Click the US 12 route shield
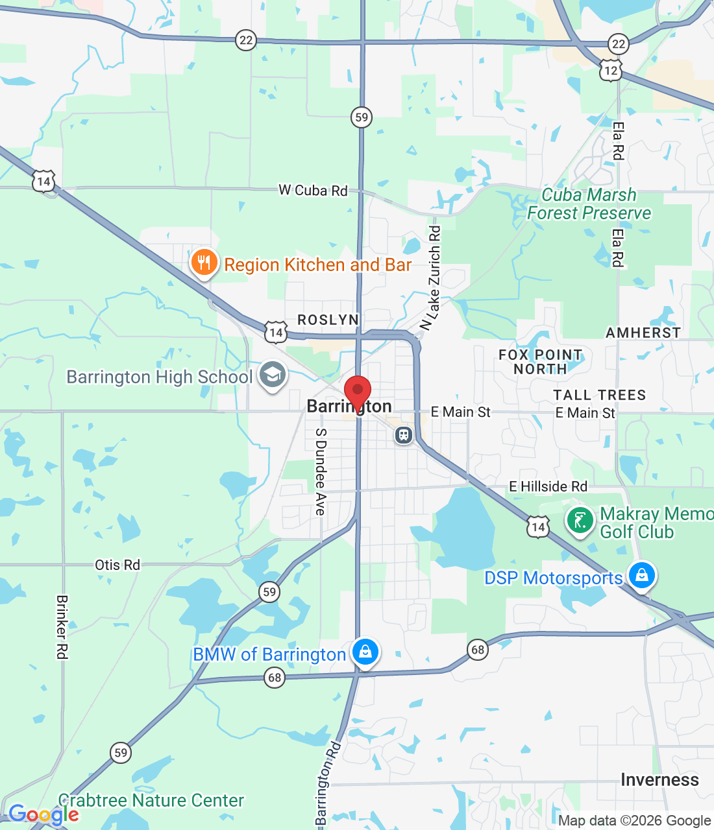[x=611, y=70]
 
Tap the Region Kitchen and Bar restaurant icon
[x=204, y=263]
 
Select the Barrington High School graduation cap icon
[x=273, y=375]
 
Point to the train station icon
[x=404, y=434]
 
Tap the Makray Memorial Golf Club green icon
[x=580, y=520]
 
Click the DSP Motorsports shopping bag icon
[x=641, y=575]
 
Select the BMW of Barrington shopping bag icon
[x=365, y=652]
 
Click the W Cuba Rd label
[x=313, y=190]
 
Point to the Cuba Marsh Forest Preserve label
[x=589, y=204]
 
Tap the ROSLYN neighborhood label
[x=328, y=320]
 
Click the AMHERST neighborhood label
[x=643, y=333]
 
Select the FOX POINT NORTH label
[x=540, y=362]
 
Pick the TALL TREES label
[x=599, y=395]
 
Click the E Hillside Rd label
[x=548, y=486]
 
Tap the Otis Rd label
[x=117, y=565]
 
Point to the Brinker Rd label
[x=62, y=627]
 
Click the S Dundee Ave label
[x=321, y=472]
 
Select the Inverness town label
[x=659, y=779]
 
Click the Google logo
[x=43, y=814]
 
